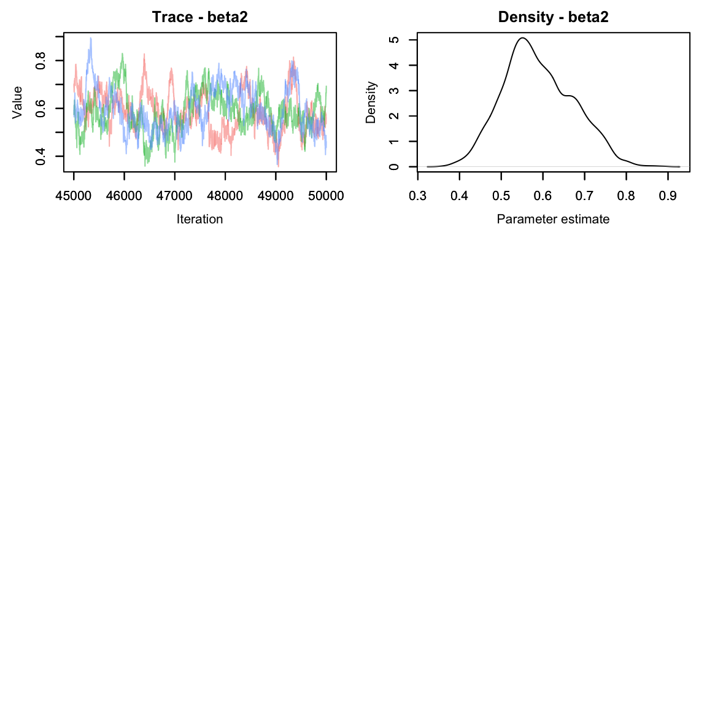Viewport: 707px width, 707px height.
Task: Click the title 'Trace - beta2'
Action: click(x=199, y=17)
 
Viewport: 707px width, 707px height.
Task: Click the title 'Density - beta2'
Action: click(x=553, y=17)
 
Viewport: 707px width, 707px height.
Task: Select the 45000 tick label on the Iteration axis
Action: click(x=74, y=196)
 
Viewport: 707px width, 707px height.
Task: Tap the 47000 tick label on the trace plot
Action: click(x=175, y=196)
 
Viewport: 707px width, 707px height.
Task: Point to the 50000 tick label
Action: click(x=326, y=196)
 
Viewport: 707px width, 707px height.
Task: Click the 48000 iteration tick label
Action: click(x=225, y=196)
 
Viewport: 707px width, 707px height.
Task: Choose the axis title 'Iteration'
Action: click(x=199, y=219)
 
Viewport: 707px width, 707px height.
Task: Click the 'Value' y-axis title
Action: click(x=17, y=102)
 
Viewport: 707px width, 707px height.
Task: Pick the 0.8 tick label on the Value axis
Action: click(x=41, y=61)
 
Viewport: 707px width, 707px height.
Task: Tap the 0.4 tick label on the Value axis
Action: click(x=41, y=156)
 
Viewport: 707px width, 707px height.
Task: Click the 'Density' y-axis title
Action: click(x=371, y=102)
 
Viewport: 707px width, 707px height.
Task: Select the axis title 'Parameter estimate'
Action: click(x=553, y=219)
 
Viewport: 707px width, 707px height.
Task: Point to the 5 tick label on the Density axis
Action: click(x=395, y=40)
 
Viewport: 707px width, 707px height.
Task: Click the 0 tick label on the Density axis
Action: click(x=395, y=166)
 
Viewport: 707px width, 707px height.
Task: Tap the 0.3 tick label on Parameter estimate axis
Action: click(x=418, y=196)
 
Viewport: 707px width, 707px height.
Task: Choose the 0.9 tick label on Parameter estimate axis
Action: click(x=668, y=196)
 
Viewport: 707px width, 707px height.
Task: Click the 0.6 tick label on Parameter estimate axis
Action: click(x=543, y=196)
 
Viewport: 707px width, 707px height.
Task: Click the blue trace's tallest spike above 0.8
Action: click(x=91, y=38)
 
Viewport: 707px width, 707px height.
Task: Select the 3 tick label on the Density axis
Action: click(x=395, y=91)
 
